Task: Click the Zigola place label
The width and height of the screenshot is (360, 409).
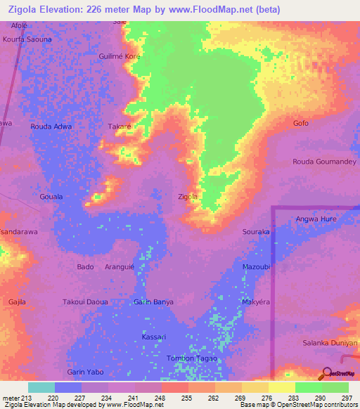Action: (188, 197)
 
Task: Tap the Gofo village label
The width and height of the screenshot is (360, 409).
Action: (301, 124)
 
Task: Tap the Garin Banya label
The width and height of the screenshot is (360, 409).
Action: (153, 302)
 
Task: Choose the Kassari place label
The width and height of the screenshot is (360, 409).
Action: (153, 338)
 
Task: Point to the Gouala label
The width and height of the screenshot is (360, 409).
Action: (51, 197)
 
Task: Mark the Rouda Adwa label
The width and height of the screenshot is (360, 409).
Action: (51, 126)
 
